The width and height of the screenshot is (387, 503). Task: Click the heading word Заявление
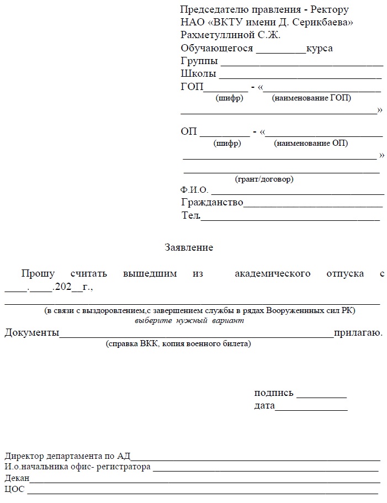pos(189,247)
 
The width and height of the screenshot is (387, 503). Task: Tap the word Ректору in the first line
pos(330,10)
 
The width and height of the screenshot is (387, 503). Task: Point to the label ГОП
pos(192,87)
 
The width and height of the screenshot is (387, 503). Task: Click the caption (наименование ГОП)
pos(311,98)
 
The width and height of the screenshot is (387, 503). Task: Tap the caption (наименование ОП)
pos(311,144)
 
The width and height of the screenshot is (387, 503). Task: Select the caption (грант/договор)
pos(264,179)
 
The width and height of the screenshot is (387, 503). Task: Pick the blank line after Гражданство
pos(313,207)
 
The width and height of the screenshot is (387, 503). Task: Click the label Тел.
pos(190,215)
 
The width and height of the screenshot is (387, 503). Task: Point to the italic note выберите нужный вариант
pos(189,320)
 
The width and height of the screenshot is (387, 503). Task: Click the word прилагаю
pos(358,332)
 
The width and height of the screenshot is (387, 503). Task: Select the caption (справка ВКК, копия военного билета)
pos(178,344)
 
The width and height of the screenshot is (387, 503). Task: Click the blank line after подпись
pos(321,397)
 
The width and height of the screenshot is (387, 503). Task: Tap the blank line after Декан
pos(204,482)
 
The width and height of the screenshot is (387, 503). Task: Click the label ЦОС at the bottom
pos(14,489)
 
